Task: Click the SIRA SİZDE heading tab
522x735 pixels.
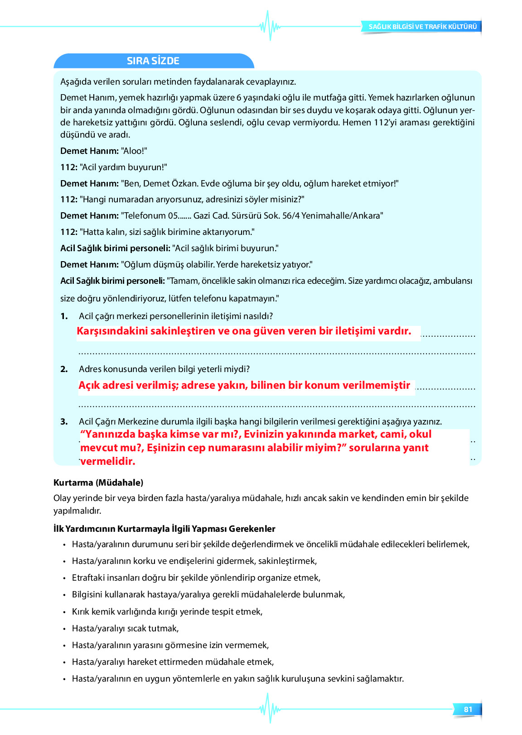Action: (x=153, y=61)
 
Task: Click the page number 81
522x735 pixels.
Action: (x=468, y=709)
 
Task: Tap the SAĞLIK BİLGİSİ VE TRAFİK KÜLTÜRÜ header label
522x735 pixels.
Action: (x=422, y=27)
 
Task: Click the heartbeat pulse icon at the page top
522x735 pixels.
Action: (x=270, y=26)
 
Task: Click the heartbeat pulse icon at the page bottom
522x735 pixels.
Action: (x=270, y=708)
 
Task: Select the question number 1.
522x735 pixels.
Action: (x=64, y=316)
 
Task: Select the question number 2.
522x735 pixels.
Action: (x=64, y=369)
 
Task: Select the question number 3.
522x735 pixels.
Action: (x=64, y=422)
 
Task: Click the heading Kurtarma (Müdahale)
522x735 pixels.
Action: (x=98, y=482)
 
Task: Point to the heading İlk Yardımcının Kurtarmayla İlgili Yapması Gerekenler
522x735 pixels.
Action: (x=164, y=529)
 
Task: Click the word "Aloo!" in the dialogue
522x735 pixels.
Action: (x=134, y=151)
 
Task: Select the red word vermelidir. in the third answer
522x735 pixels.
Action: (x=108, y=461)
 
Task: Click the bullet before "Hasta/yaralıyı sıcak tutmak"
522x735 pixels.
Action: (x=64, y=629)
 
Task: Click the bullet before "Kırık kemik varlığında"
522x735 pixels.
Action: (x=64, y=612)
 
